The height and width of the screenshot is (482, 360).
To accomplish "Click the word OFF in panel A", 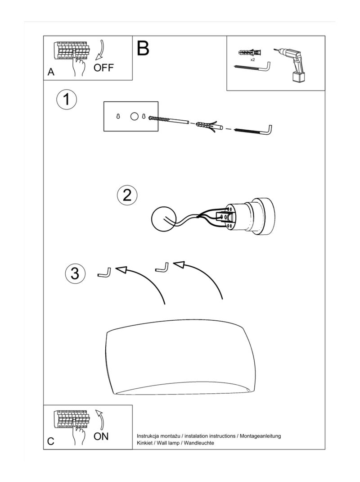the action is click(103, 67).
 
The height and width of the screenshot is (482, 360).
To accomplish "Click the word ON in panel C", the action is click(101, 436).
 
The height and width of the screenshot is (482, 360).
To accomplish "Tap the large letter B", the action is click(143, 48).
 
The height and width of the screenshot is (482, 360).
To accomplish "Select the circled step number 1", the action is click(66, 100).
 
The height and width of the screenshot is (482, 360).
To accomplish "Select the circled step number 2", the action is click(127, 195).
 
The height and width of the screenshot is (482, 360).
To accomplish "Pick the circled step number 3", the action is click(75, 273).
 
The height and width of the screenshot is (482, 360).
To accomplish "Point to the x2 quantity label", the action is click(252, 60).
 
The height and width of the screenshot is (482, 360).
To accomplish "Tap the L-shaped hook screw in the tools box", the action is click(252, 67).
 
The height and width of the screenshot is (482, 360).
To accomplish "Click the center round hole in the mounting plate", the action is click(135, 117).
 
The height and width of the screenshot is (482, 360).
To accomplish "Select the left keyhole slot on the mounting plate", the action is click(118, 117).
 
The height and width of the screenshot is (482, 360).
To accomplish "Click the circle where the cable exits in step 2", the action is click(163, 218).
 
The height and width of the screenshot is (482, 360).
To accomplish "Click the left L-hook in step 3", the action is click(104, 273).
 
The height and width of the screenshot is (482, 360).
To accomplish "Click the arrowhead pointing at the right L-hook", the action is click(179, 265).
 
